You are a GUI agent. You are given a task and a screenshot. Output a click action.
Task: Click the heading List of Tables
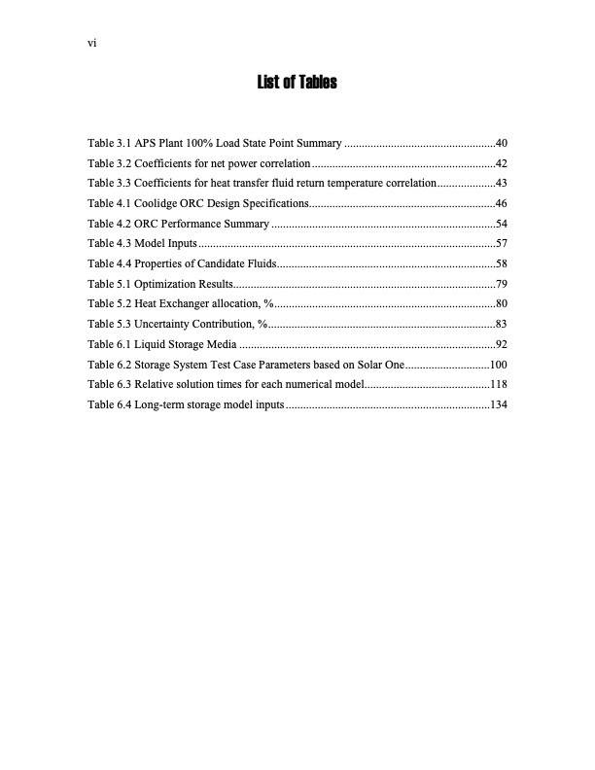[x=297, y=83]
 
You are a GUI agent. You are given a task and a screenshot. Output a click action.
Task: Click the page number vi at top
[x=91, y=43]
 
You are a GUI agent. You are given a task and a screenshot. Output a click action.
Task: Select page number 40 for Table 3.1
[x=502, y=144]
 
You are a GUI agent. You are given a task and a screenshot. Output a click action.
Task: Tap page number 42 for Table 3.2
[x=502, y=163]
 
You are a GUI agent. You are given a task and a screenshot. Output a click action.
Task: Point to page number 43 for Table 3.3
[x=502, y=183]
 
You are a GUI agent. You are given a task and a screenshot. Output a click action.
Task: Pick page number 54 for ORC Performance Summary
[x=502, y=224]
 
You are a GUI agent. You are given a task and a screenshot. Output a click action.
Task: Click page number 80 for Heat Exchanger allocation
[x=502, y=303]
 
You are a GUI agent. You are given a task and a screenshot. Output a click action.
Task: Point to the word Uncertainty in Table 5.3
[x=161, y=323]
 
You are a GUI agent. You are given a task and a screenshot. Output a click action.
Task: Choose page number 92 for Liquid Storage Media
[x=502, y=344]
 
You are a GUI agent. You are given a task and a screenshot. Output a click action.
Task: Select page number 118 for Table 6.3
[x=499, y=384]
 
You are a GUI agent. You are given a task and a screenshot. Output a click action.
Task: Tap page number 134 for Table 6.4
[x=499, y=403]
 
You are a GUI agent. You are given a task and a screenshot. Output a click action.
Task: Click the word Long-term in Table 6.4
[x=157, y=403]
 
